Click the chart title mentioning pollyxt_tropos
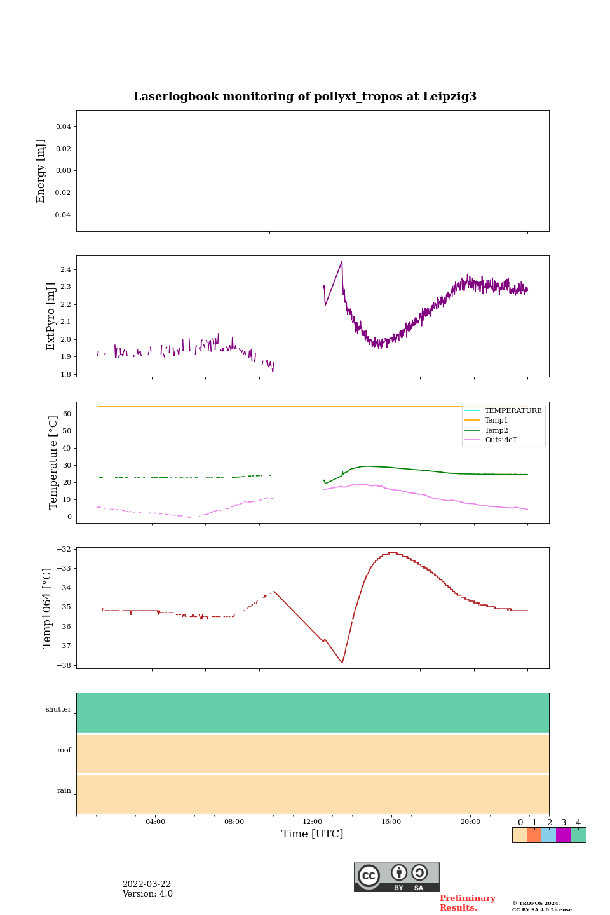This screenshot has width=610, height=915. tap(305, 97)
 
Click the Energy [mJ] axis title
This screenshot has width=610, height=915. tap(41, 171)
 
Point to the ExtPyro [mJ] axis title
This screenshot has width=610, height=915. tap(51, 316)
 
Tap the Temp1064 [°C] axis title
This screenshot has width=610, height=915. tap(47, 607)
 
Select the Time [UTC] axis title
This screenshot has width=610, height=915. tap(312, 834)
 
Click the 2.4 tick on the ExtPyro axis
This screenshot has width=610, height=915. tap(65, 269)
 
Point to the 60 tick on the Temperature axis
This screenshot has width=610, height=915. tap(67, 414)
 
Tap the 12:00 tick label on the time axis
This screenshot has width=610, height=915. tap(313, 822)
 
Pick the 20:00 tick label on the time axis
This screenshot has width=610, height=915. tap(470, 822)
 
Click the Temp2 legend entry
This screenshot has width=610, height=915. tap(496, 430)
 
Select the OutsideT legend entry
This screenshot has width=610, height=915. tap(501, 440)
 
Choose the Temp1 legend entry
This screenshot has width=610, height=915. tap(496, 420)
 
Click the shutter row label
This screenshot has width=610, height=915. tap(58, 710)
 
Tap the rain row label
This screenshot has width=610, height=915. tap(64, 791)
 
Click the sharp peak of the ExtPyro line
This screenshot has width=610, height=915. tap(342, 261)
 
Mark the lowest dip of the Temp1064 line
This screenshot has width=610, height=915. tap(342, 663)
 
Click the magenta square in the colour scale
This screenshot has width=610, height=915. tap(563, 835)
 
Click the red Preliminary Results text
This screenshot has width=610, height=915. tap(467, 903)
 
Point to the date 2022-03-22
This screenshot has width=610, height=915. tap(147, 884)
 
